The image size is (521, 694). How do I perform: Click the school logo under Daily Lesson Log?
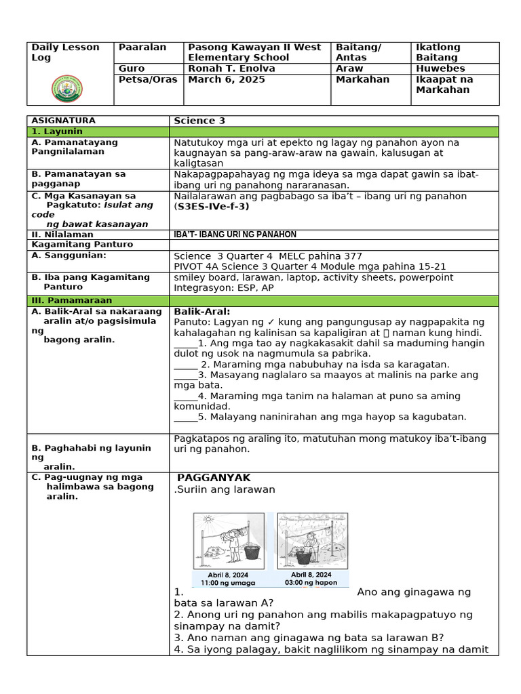point(71,88)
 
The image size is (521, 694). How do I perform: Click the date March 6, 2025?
point(226,79)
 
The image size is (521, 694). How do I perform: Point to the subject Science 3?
point(199,121)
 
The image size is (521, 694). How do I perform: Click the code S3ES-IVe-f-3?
point(212,207)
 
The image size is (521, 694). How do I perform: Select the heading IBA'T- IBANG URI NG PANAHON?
point(235,234)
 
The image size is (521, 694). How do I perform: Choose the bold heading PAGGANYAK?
point(214,478)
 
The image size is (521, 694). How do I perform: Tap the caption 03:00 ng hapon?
point(311,582)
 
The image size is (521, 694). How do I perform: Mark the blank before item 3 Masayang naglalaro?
point(185,375)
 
